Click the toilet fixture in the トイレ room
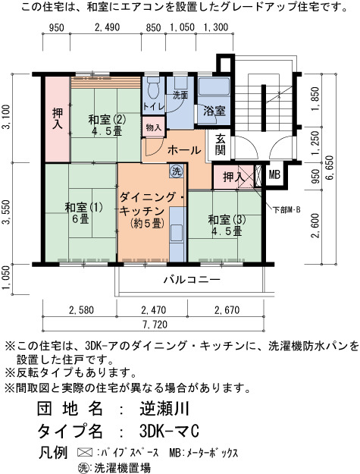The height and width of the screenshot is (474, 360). tap(153, 87)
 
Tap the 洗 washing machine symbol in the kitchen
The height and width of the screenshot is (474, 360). tap(176, 171)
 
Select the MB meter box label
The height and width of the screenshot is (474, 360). tap(274, 174)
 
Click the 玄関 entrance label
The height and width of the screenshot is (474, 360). tap(220, 144)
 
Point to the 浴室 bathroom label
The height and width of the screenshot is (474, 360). tap(214, 111)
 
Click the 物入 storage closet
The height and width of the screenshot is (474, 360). tap(154, 127)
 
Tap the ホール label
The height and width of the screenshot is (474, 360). tap(184, 150)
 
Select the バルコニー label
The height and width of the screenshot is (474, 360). tap(192, 279)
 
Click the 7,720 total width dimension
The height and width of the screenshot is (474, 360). tap(155, 325)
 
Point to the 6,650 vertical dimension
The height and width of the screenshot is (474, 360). tap(330, 168)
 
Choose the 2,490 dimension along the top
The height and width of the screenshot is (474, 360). tap(107, 27)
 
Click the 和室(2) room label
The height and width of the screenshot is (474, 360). tap(107, 120)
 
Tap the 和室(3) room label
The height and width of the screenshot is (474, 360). tap(227, 220)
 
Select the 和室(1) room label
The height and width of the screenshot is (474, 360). tap(83, 207)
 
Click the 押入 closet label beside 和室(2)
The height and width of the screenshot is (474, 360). tap(58, 119)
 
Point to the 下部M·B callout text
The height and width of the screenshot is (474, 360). tap(286, 210)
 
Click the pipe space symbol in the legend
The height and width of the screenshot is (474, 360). tap(85, 453)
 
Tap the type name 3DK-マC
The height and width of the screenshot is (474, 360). tap(170, 431)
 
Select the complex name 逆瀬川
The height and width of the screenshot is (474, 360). tap(164, 409)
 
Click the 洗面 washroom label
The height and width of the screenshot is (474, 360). tap(180, 96)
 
